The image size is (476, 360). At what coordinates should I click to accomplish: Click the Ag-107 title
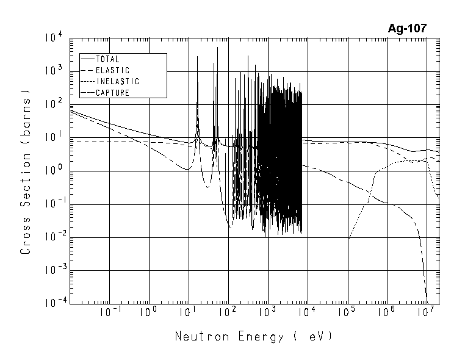tap(407, 28)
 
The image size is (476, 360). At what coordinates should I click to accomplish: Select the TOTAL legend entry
tap(108, 59)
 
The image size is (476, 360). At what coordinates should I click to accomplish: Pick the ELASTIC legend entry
tap(113, 70)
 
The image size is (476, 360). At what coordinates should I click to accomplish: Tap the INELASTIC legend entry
tap(118, 81)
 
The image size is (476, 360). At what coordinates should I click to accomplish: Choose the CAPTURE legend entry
tap(113, 93)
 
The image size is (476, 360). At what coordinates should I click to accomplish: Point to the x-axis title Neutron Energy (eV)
tap(253, 336)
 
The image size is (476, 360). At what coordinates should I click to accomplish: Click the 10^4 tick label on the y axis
tap(53, 38)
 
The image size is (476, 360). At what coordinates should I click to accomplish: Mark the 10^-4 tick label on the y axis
tap(52, 303)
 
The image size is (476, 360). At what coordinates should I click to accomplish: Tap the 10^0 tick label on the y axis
tap(53, 170)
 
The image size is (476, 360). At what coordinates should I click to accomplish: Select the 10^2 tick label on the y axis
tap(53, 104)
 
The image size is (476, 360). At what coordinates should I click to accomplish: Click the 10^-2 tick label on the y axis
tap(52, 237)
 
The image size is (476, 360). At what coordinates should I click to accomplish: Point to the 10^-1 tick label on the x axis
tap(108, 312)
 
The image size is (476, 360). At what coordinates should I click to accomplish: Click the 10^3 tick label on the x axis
tap(267, 312)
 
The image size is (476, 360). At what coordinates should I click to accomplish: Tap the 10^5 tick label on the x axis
tap(347, 312)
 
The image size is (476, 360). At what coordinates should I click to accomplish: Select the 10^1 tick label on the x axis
tap(188, 312)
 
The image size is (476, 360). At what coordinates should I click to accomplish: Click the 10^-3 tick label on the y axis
tap(52, 270)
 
